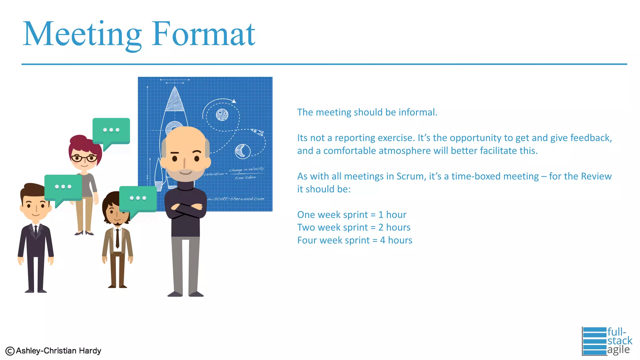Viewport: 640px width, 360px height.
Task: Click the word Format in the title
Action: (204, 34)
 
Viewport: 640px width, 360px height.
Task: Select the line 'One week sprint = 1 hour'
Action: (352, 215)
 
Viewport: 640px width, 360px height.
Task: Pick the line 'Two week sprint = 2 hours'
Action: (353, 227)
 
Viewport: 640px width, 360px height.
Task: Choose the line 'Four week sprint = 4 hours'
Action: (354, 240)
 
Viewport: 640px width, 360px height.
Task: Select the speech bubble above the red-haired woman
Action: (111, 131)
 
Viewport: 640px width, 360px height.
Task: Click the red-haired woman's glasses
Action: (84, 158)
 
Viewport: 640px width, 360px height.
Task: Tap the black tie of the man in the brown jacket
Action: (117, 238)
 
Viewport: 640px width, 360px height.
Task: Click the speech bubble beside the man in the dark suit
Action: (63, 187)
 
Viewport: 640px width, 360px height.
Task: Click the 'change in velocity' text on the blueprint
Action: (246, 169)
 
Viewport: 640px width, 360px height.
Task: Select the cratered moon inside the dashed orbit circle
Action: (222, 115)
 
